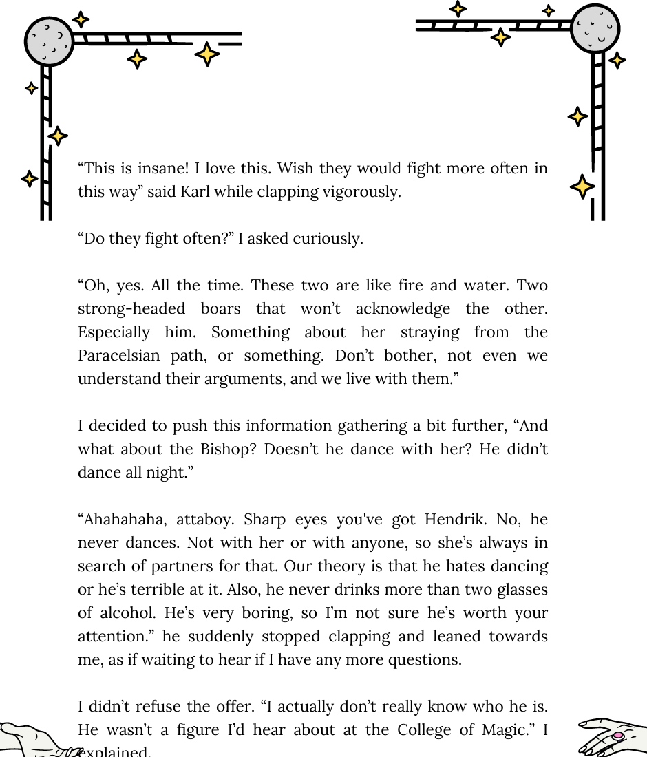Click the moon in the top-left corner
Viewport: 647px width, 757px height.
tap(49, 41)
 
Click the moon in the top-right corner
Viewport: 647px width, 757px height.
tap(595, 29)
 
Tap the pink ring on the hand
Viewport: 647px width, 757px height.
tap(617, 736)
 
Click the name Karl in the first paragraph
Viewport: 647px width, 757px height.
tap(195, 192)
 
